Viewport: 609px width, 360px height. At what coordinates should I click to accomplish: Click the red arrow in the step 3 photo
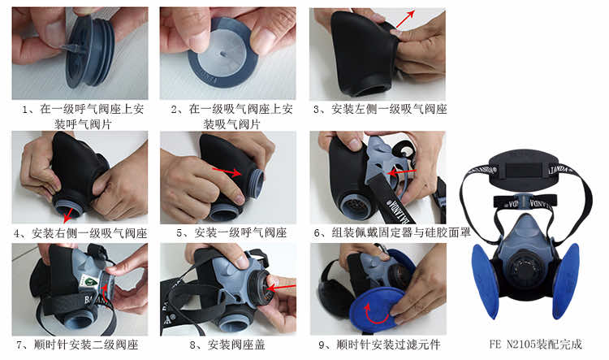coord(405,19)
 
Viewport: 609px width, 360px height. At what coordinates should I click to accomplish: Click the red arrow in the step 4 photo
coord(68,215)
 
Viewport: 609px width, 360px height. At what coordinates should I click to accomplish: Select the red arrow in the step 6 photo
coord(402,171)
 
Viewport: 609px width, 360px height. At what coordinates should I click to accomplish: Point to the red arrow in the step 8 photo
coord(281,288)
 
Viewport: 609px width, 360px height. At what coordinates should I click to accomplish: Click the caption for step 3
coord(380,110)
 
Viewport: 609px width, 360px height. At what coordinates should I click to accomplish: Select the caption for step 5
coord(231,233)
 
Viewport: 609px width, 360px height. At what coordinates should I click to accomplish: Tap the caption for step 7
coord(77,345)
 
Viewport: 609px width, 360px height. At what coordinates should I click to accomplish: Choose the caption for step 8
coord(227,345)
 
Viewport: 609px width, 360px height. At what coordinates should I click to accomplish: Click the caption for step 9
coord(379,345)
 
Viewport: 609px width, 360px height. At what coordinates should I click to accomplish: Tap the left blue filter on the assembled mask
coord(486,280)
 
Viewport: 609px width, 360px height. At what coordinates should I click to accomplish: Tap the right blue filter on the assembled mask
coord(565,280)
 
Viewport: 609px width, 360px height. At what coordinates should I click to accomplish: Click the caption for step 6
coord(392,233)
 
